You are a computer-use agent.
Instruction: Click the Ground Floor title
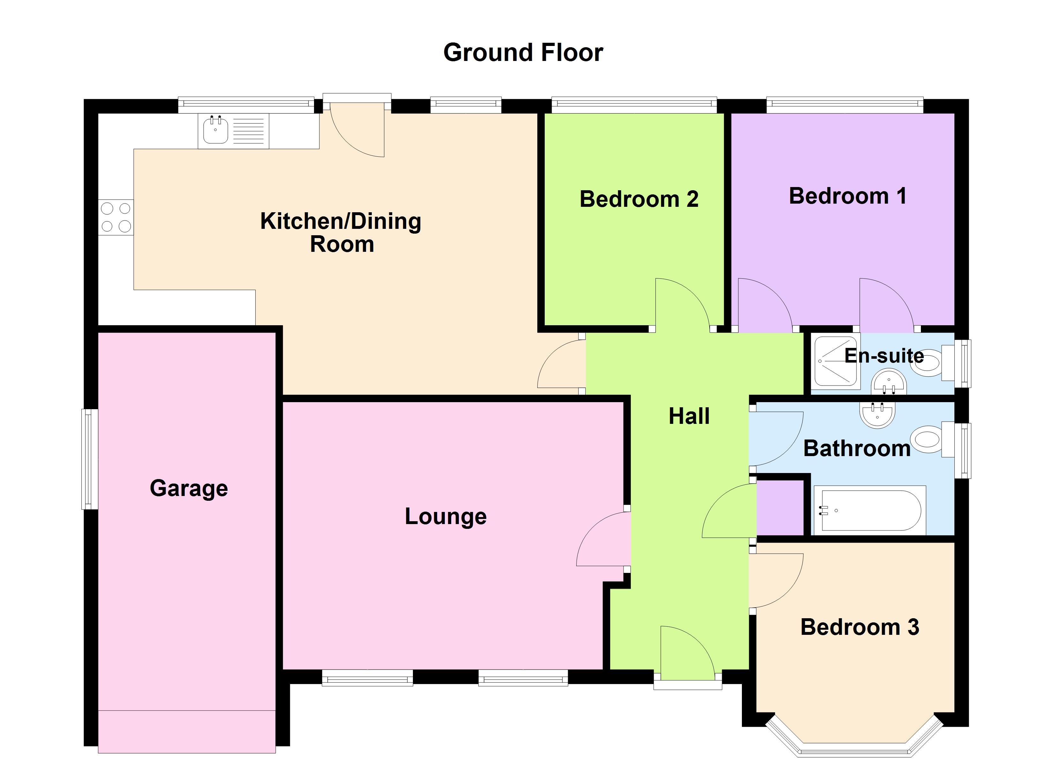(x=523, y=52)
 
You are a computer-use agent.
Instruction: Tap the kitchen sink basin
(x=215, y=131)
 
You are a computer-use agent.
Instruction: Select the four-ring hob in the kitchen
(x=116, y=217)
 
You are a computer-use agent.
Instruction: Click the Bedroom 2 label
(x=639, y=199)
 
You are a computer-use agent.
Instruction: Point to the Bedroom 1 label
(x=847, y=196)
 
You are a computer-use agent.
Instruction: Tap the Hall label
(x=689, y=416)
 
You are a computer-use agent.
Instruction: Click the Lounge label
(x=446, y=516)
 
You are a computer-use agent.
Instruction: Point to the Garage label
(x=189, y=488)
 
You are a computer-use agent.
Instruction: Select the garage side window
(x=90, y=459)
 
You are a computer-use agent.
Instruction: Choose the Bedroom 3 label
(x=859, y=627)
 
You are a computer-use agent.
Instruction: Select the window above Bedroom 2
(x=634, y=105)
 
